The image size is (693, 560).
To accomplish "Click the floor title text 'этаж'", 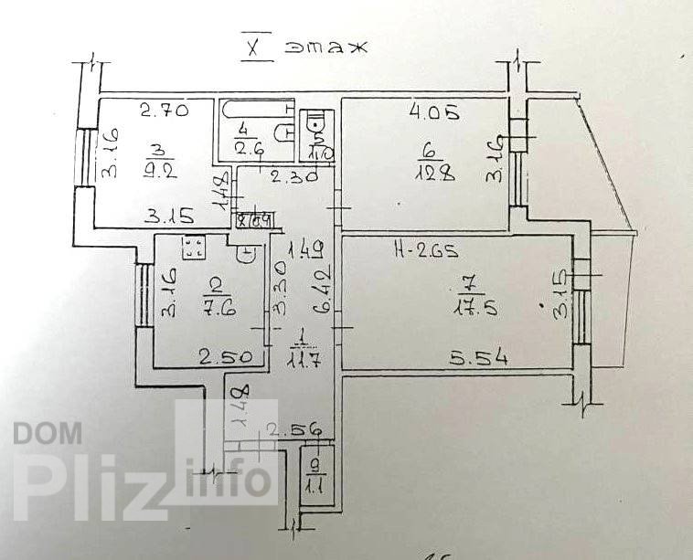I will [325, 47].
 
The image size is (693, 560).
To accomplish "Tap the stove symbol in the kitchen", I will [193, 246].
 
